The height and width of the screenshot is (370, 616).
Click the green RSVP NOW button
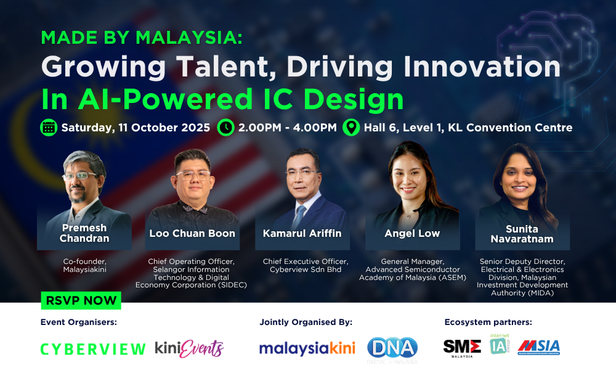81,301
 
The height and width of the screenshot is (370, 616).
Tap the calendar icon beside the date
48,128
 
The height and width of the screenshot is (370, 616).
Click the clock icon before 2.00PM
226,128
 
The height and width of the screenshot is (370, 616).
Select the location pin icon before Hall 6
351,128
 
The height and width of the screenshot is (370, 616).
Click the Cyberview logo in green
93,349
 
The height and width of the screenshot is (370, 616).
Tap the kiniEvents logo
189,348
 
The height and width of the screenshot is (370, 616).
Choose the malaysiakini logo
307,348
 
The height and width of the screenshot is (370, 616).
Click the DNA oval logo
392,348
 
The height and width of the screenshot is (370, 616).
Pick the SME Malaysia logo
462,348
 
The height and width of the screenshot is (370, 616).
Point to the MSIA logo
538,347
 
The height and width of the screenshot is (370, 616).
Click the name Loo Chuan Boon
192,234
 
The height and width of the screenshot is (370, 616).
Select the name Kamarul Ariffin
302,234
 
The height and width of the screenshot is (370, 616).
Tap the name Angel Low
412,234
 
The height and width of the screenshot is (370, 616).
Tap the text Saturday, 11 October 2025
136,128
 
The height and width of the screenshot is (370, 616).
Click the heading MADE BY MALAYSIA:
142,38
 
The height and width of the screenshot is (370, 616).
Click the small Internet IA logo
497,344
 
